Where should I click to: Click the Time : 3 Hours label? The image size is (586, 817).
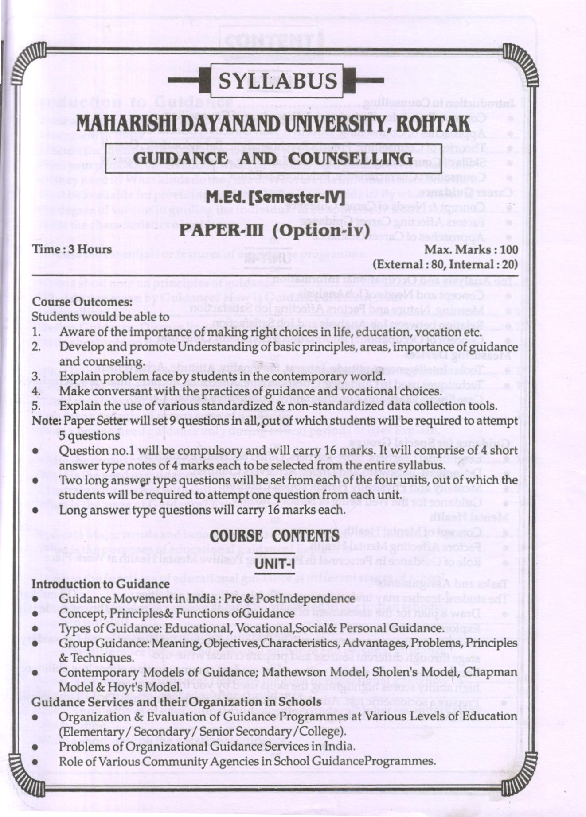72,249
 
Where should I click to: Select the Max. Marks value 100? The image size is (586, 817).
509,250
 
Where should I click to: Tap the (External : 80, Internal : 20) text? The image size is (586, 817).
445,265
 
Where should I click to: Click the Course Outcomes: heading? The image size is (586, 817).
82,302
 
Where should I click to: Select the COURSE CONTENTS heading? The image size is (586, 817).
275,535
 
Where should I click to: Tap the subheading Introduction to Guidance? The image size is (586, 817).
101,584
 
